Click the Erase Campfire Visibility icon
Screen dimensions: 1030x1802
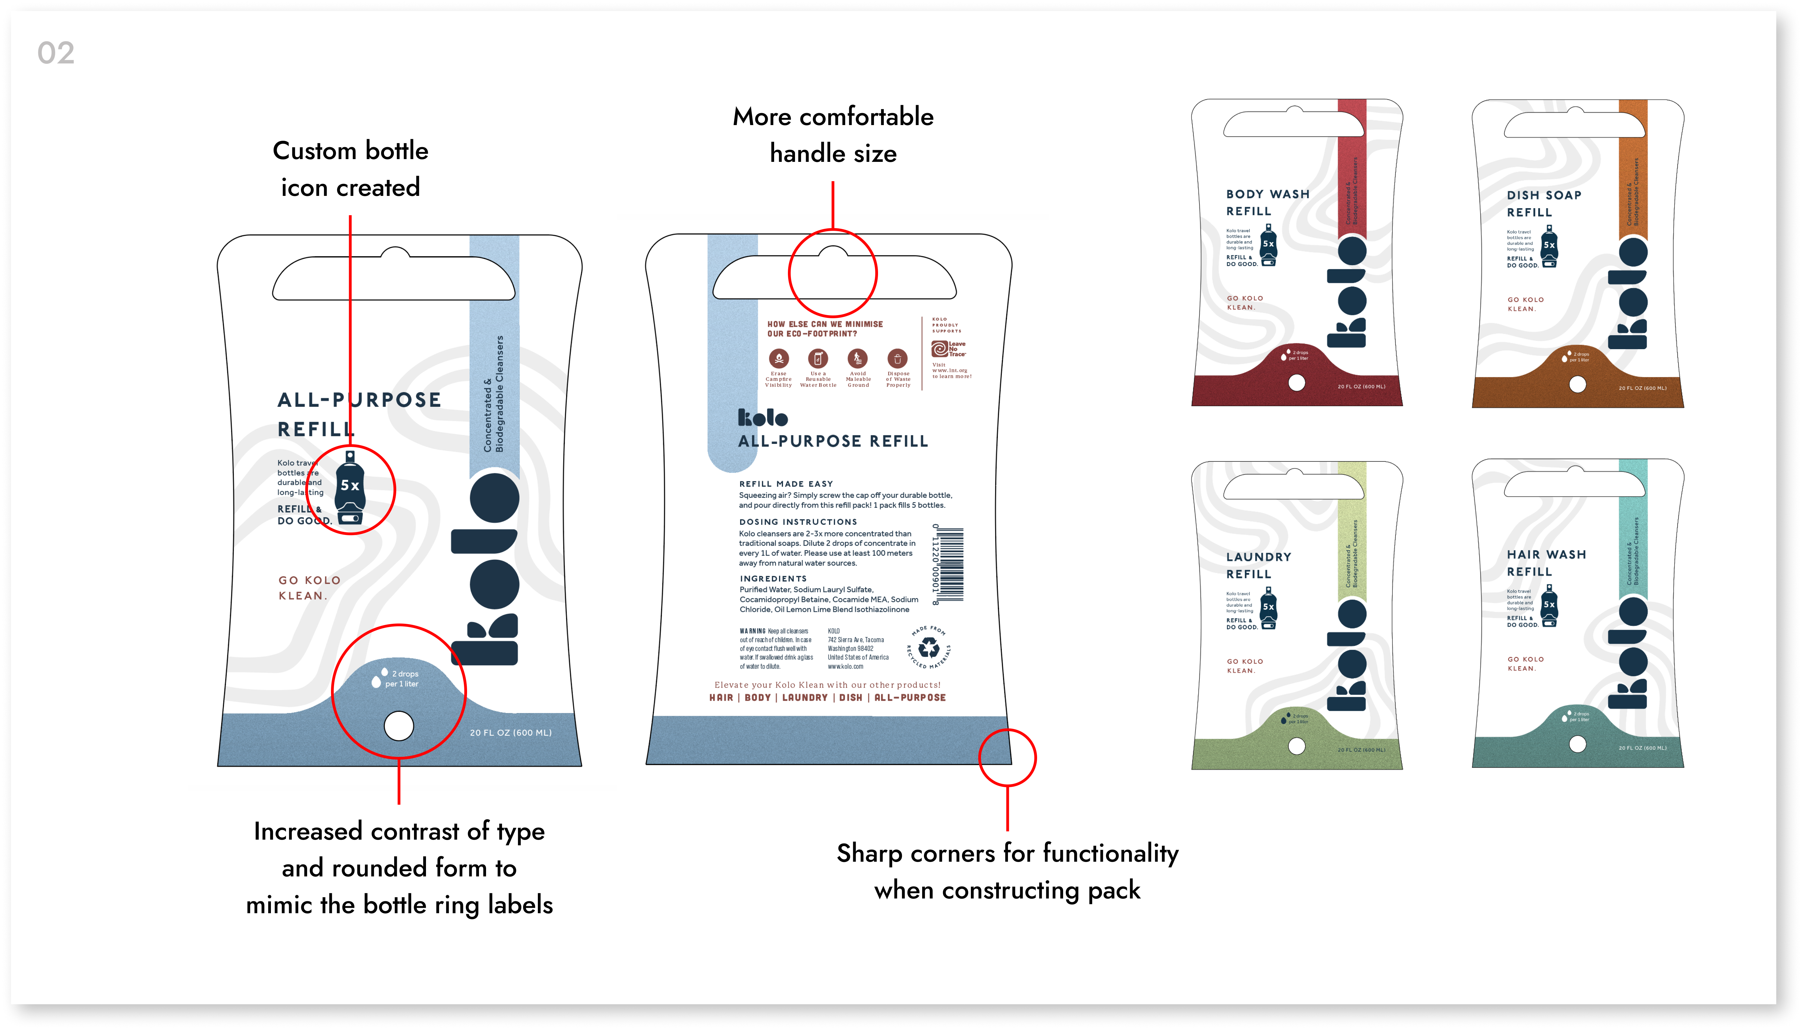tap(779, 358)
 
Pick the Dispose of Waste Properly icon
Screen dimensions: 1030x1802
tap(897, 358)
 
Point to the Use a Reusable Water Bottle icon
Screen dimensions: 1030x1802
tap(818, 358)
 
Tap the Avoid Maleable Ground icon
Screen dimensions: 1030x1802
tap(858, 358)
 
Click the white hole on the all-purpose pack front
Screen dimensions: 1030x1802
tap(399, 726)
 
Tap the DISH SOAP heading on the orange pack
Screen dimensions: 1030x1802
tap(1544, 195)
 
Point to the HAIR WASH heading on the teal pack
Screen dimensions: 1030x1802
tap(1546, 555)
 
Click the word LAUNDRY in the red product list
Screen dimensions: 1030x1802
tap(805, 697)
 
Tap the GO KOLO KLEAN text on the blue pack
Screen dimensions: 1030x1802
tap(309, 588)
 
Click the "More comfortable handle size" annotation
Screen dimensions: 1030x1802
tap(833, 134)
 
